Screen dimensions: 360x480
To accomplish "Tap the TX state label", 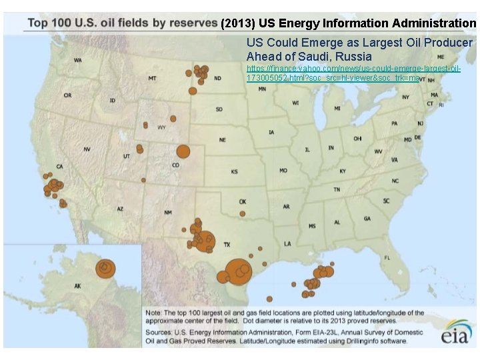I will [x=226, y=244].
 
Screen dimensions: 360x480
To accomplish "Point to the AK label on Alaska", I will [x=77, y=287].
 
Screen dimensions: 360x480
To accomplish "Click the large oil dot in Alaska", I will [x=105, y=267].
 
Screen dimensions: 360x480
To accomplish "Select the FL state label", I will [x=387, y=257].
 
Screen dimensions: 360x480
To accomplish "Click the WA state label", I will [x=78, y=61].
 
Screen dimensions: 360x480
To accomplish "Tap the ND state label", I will [x=218, y=78].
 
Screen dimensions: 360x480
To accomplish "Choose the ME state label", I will [x=441, y=57].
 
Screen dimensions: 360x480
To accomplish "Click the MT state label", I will [x=153, y=79].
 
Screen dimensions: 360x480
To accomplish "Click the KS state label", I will [x=235, y=172].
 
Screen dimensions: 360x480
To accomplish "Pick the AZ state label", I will [x=120, y=209].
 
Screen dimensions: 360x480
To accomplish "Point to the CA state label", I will [x=59, y=167].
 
